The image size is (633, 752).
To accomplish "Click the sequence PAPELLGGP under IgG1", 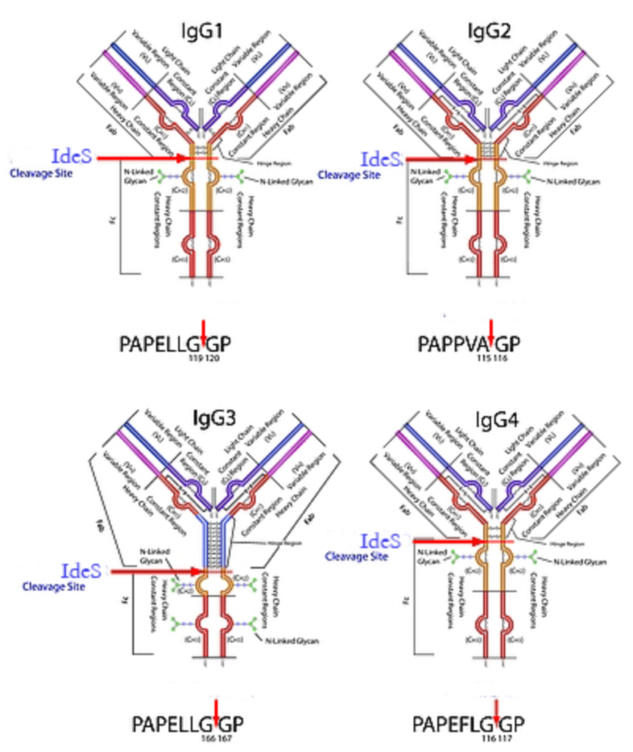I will (x=175, y=342).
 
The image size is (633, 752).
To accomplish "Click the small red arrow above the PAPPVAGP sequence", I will (x=492, y=327).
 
